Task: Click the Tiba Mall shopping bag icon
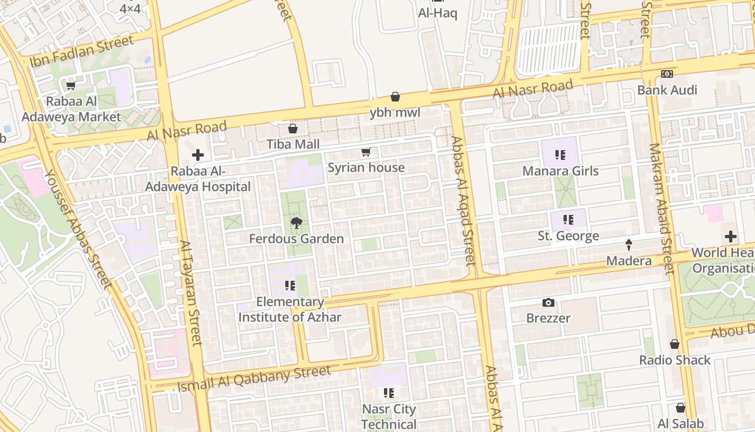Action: [293, 129]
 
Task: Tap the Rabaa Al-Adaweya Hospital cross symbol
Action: [198, 155]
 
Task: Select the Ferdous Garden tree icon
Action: [296, 222]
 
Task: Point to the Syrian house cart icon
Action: [366, 152]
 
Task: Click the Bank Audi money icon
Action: [667, 74]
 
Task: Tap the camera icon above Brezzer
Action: [548, 302]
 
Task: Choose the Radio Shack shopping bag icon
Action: [675, 344]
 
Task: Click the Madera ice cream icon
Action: [629, 245]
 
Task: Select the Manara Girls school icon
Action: [561, 156]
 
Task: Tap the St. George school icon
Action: [568, 220]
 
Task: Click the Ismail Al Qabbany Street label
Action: [254, 377]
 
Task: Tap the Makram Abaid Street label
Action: [662, 208]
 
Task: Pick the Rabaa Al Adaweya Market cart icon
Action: [71, 85]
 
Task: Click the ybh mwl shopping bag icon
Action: [395, 97]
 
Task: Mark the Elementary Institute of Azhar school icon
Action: [290, 286]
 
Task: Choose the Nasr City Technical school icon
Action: [389, 393]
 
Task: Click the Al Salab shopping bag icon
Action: [681, 408]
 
